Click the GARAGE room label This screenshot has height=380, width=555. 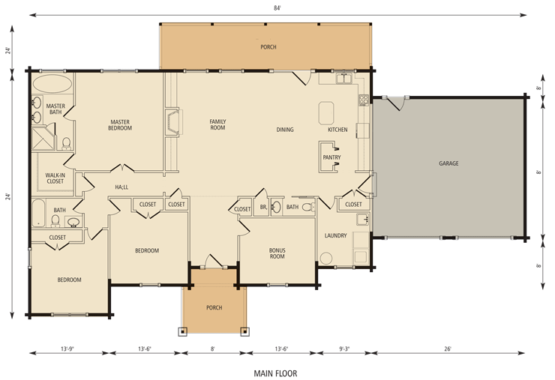(448, 163)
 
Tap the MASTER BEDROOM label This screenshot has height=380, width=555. (121, 124)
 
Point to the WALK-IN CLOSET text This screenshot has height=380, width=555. (55, 178)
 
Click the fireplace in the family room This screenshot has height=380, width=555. (172, 122)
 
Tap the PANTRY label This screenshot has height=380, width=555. (331, 158)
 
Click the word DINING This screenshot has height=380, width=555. (285, 130)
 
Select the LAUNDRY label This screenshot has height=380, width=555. (335, 235)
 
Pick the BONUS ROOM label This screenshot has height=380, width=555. (277, 253)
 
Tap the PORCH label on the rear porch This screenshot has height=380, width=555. (268, 47)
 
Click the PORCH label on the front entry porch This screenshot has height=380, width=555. (214, 307)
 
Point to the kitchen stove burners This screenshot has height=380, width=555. (363, 99)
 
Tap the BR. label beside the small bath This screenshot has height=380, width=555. (263, 207)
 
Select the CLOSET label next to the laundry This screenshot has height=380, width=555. (353, 204)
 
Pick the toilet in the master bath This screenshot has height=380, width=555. (66, 142)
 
